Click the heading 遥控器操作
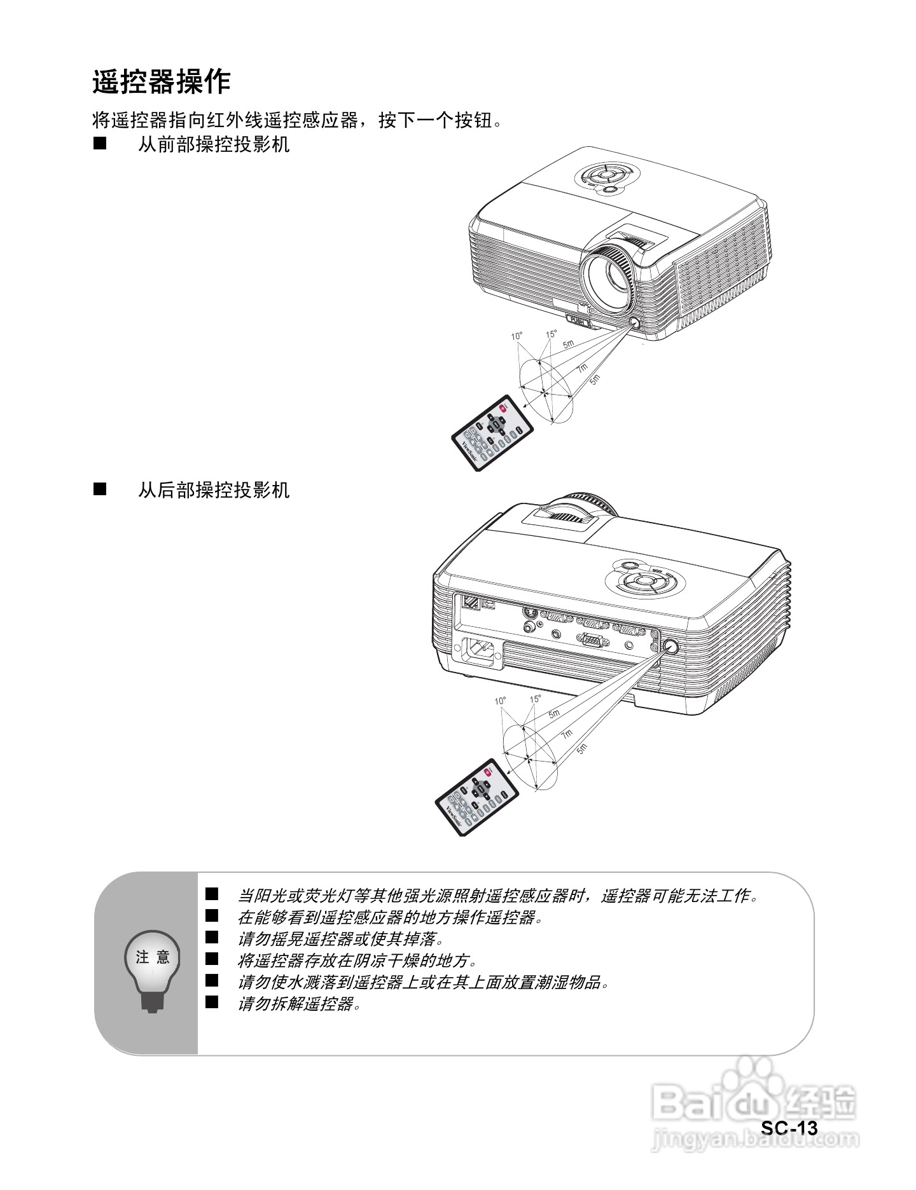[x=161, y=82]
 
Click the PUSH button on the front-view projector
[x=578, y=321]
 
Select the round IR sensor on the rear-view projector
[x=670, y=646]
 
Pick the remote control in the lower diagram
[x=476, y=797]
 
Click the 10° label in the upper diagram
[x=517, y=336]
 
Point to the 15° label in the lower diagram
[x=535, y=699]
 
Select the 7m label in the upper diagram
[x=581, y=369]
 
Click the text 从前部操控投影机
[x=214, y=145]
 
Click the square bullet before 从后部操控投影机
[x=100, y=489]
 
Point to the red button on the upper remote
[x=503, y=409]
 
